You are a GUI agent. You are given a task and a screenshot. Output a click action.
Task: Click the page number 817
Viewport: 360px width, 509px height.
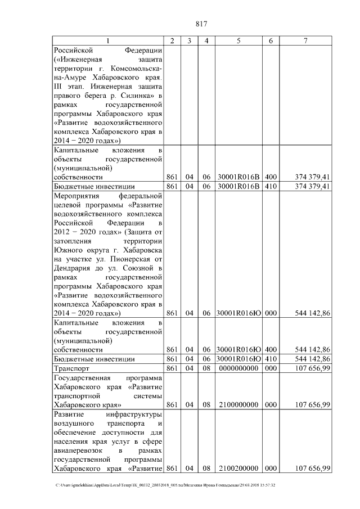point(202,24)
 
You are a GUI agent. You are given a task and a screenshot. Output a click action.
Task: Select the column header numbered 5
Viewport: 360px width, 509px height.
point(238,40)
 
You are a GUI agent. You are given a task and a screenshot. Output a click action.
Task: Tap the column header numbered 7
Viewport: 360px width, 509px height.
point(305,40)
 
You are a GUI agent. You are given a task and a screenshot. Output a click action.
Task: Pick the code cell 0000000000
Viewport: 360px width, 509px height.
point(238,368)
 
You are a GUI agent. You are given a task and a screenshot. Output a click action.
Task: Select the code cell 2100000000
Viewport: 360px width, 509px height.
point(238,404)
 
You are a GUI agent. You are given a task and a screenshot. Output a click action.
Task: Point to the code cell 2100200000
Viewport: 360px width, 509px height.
point(238,469)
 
